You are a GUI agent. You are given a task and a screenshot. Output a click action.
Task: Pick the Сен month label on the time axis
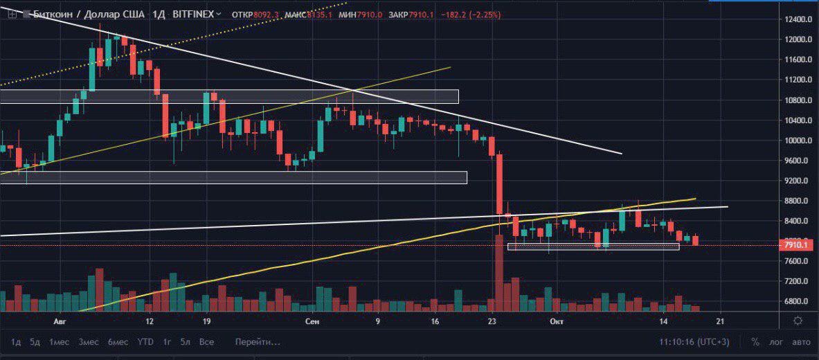312,322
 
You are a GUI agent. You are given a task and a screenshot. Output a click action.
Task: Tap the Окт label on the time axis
555,322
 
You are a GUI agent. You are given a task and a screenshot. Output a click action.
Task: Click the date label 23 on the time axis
492,322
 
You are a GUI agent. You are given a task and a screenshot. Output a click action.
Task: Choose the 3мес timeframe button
88,342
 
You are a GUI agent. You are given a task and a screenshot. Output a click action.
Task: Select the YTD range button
145,342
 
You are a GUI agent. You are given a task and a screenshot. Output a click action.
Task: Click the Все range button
206,342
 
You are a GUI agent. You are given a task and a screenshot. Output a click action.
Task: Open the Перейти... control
258,342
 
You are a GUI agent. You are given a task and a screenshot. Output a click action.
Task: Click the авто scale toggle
801,342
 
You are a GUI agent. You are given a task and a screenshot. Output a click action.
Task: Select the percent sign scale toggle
755,342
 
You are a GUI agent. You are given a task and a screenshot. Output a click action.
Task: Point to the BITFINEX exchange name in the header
192,13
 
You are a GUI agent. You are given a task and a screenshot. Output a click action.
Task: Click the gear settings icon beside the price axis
798,321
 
